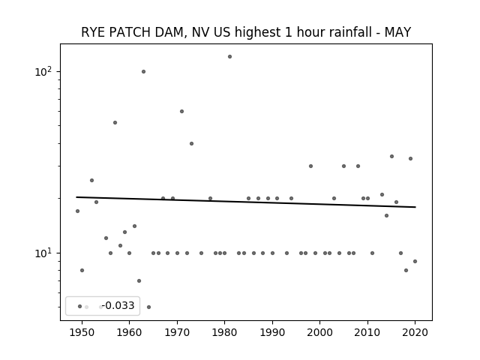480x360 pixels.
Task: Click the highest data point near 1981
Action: tap(230, 57)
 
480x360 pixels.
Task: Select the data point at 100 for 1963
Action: tap(143, 72)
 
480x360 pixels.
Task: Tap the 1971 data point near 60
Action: tap(181, 112)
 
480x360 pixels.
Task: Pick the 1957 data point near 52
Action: tap(115, 123)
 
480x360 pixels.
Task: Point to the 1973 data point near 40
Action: tap(192, 143)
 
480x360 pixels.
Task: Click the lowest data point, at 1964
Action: tap(148, 307)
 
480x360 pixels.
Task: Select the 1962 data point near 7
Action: tap(139, 281)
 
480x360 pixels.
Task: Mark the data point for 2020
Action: tap(415, 262)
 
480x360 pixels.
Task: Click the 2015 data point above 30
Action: tap(391, 157)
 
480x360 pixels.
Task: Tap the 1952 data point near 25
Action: tap(91, 180)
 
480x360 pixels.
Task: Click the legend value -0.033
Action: tap(118, 305)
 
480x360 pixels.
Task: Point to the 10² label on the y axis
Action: tap(43, 72)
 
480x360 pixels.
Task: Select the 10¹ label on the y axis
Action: tap(43, 253)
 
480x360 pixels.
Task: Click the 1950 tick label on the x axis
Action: tap(82, 332)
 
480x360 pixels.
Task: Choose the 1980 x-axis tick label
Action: tap(224, 332)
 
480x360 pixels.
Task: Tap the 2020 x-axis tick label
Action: tap(415, 332)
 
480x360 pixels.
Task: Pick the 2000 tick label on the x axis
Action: tap(319, 332)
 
